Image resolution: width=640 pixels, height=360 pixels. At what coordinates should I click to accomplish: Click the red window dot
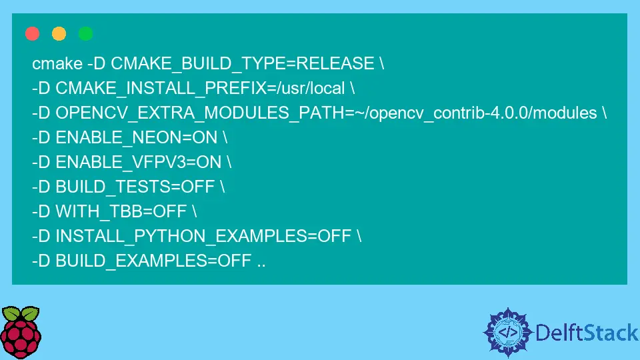(x=32, y=33)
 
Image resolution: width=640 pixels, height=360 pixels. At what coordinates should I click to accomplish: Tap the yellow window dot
(x=59, y=33)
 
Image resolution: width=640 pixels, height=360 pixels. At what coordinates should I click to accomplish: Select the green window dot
(x=86, y=33)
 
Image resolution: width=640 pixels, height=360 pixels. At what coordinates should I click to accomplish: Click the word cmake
(x=57, y=64)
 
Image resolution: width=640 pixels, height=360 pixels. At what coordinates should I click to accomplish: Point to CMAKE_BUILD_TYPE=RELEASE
(x=243, y=64)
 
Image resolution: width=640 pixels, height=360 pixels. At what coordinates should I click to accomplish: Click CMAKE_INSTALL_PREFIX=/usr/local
(x=200, y=88)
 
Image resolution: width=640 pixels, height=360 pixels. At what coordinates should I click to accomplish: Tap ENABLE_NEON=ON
(x=136, y=137)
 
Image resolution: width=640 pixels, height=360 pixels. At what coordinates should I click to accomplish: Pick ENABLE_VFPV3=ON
(x=139, y=162)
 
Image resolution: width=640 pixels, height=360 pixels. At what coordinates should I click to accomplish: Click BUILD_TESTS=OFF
(x=135, y=187)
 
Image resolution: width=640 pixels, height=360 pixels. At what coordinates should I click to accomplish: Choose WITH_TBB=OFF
(x=121, y=211)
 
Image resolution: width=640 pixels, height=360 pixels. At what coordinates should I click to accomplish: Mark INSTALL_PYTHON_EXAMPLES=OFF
(x=203, y=236)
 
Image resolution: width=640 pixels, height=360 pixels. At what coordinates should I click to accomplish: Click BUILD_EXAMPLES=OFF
(x=153, y=261)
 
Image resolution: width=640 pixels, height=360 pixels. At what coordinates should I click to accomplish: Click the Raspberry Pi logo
(x=21, y=332)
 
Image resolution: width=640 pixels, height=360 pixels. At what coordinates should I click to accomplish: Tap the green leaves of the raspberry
(x=21, y=313)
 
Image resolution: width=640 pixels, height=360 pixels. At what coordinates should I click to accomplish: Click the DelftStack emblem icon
(x=508, y=332)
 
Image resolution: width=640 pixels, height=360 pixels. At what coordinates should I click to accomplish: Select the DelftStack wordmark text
(x=587, y=333)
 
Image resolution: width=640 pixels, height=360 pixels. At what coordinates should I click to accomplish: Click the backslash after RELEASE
(x=381, y=64)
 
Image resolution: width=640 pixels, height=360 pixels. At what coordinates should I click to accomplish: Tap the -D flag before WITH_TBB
(x=41, y=211)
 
